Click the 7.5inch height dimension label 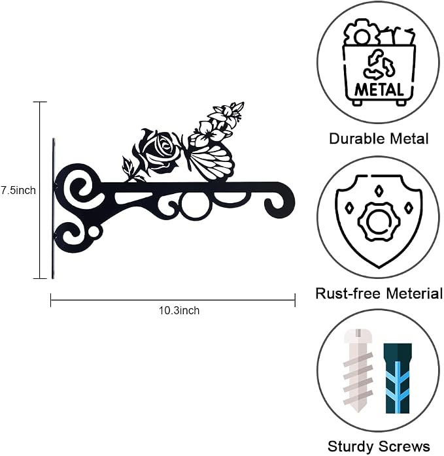(x=18, y=190)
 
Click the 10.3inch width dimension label (x=179, y=310)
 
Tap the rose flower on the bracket (x=160, y=151)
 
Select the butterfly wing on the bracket (x=211, y=162)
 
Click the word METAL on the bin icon (x=379, y=90)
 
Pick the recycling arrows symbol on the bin (x=379, y=65)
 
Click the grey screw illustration (x=358, y=371)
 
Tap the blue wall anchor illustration (x=398, y=378)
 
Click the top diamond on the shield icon (x=378, y=191)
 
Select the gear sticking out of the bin (x=361, y=33)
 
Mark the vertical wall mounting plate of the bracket (x=53, y=208)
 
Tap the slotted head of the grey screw (x=358, y=336)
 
